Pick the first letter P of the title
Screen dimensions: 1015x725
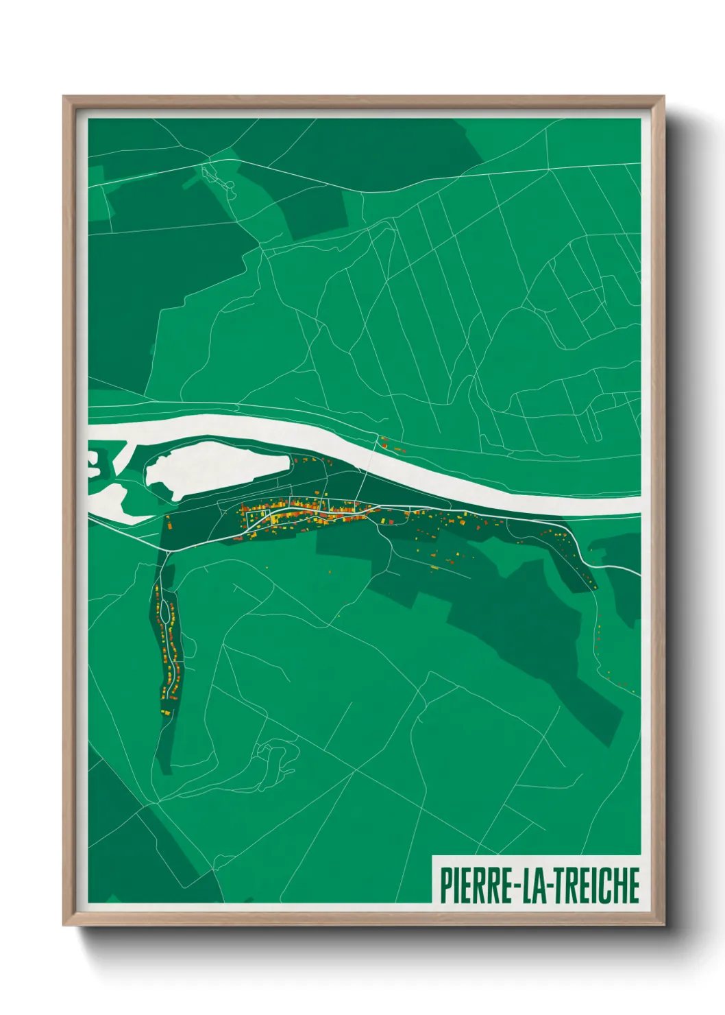(x=446, y=885)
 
